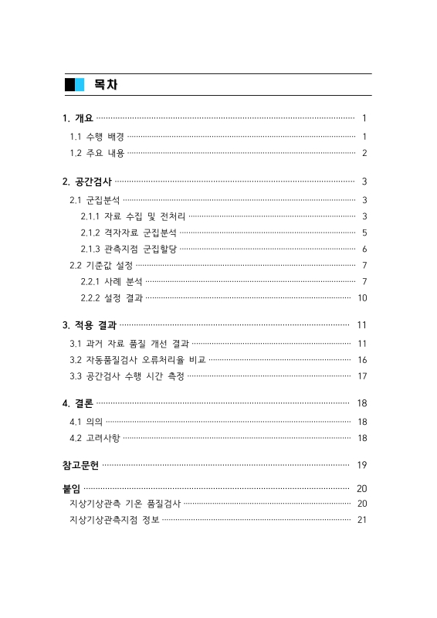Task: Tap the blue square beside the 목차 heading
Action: pos(80,84)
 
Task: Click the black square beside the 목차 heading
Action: pos(69,84)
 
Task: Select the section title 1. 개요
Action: pos(78,118)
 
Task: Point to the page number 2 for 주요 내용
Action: pos(364,153)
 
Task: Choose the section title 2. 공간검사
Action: pos(87,182)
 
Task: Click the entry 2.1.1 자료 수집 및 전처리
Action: pos(133,216)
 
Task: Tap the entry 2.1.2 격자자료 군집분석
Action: pos(128,232)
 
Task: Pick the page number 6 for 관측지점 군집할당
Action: pos(364,249)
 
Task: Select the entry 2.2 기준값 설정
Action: pos(101,265)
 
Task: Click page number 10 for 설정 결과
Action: pos(361,297)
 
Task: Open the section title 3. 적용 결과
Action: pos(90,324)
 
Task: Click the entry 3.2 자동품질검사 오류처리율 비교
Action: pos(137,359)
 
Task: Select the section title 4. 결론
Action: pos(78,403)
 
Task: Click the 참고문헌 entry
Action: pos(81,465)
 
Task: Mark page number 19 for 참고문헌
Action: pos(361,465)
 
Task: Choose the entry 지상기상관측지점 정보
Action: pos(113,519)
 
